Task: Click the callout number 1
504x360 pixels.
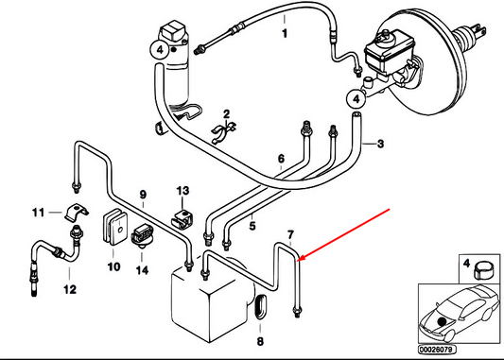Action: [285, 33]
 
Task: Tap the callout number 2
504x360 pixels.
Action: [227, 114]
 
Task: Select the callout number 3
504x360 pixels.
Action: [380, 144]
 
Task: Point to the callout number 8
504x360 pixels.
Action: [260, 341]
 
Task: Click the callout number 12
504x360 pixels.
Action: [70, 289]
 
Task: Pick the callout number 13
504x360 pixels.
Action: [182, 191]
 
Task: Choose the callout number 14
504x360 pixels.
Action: [142, 270]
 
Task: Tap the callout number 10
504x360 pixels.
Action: [113, 266]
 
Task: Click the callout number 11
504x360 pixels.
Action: [38, 213]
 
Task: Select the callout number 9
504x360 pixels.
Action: [143, 195]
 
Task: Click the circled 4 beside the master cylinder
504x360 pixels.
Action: [356, 99]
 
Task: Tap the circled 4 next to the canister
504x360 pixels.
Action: [160, 50]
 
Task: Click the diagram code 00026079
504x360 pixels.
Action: [437, 350]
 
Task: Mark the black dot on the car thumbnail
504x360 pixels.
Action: [443, 320]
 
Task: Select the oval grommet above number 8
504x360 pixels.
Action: [261, 306]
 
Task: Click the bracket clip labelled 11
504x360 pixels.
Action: [78, 213]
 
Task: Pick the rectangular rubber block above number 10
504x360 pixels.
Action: [114, 226]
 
